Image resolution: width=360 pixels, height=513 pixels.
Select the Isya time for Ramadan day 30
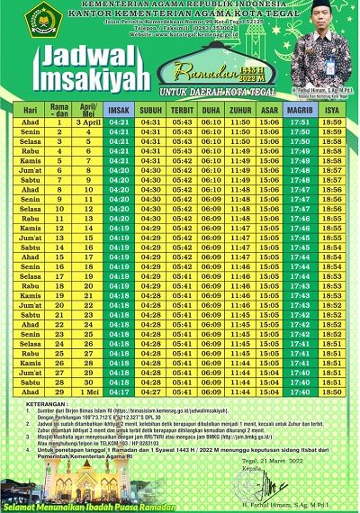331,392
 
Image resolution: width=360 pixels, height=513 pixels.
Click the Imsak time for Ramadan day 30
121,392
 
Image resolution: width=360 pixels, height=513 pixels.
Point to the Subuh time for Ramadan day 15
151,256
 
